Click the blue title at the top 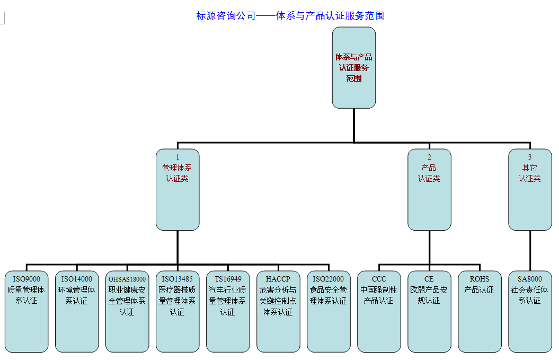pos(290,16)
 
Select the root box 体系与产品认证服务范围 pos(353,67)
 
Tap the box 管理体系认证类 pos(178,189)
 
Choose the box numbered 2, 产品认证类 pos(429,189)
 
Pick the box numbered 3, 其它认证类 pos(530,189)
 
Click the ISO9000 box pos(26,311)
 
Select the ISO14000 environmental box pos(77,311)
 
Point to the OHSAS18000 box pos(127,311)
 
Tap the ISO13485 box pos(178,311)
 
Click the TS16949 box pos(228,311)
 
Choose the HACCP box pos(278,311)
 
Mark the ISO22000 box pos(329,311)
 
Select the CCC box pos(379,311)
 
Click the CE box pos(429,311)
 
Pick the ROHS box pos(480,311)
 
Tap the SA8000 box pos(530,311)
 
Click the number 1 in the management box pos(178,157)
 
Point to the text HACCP pos(278,279)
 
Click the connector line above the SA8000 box pos(530,250)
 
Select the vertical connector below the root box pos(353,125)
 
